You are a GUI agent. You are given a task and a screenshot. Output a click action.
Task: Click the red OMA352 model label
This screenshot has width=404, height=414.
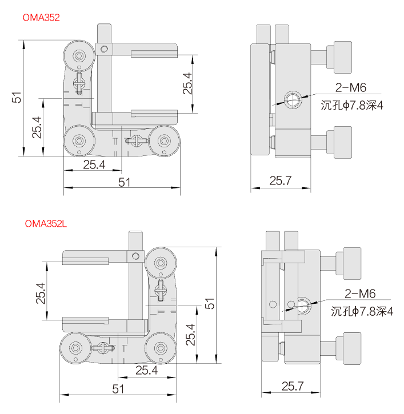point(41,18)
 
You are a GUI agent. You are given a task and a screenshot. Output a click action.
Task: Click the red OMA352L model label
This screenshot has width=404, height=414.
point(46,224)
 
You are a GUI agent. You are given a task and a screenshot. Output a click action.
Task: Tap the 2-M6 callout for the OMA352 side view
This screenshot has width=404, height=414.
point(350,87)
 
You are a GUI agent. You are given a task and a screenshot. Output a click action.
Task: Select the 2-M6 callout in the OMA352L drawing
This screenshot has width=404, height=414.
point(359,294)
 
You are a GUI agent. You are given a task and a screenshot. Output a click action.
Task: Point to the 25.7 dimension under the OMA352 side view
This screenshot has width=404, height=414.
point(281,182)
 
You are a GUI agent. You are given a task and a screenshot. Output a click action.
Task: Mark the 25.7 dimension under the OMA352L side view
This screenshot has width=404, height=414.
point(292,387)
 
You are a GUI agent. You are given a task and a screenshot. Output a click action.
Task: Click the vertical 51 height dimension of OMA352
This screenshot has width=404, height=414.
point(18,98)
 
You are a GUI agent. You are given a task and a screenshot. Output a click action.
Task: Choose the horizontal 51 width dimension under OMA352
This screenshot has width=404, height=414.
point(124,182)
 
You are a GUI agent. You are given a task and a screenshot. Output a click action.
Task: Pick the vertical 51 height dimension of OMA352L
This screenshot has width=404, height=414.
point(211,304)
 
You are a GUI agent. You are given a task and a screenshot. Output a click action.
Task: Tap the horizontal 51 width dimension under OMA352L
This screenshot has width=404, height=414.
point(118,389)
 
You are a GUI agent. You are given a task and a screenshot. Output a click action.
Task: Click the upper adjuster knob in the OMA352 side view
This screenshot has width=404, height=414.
point(342,57)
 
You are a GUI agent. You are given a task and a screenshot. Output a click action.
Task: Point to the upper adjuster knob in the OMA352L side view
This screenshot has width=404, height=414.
point(351,263)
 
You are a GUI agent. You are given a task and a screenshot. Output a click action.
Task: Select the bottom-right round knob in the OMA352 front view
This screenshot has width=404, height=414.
point(165,141)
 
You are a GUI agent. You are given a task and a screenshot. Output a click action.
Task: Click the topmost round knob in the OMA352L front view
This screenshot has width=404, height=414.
point(161,263)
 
